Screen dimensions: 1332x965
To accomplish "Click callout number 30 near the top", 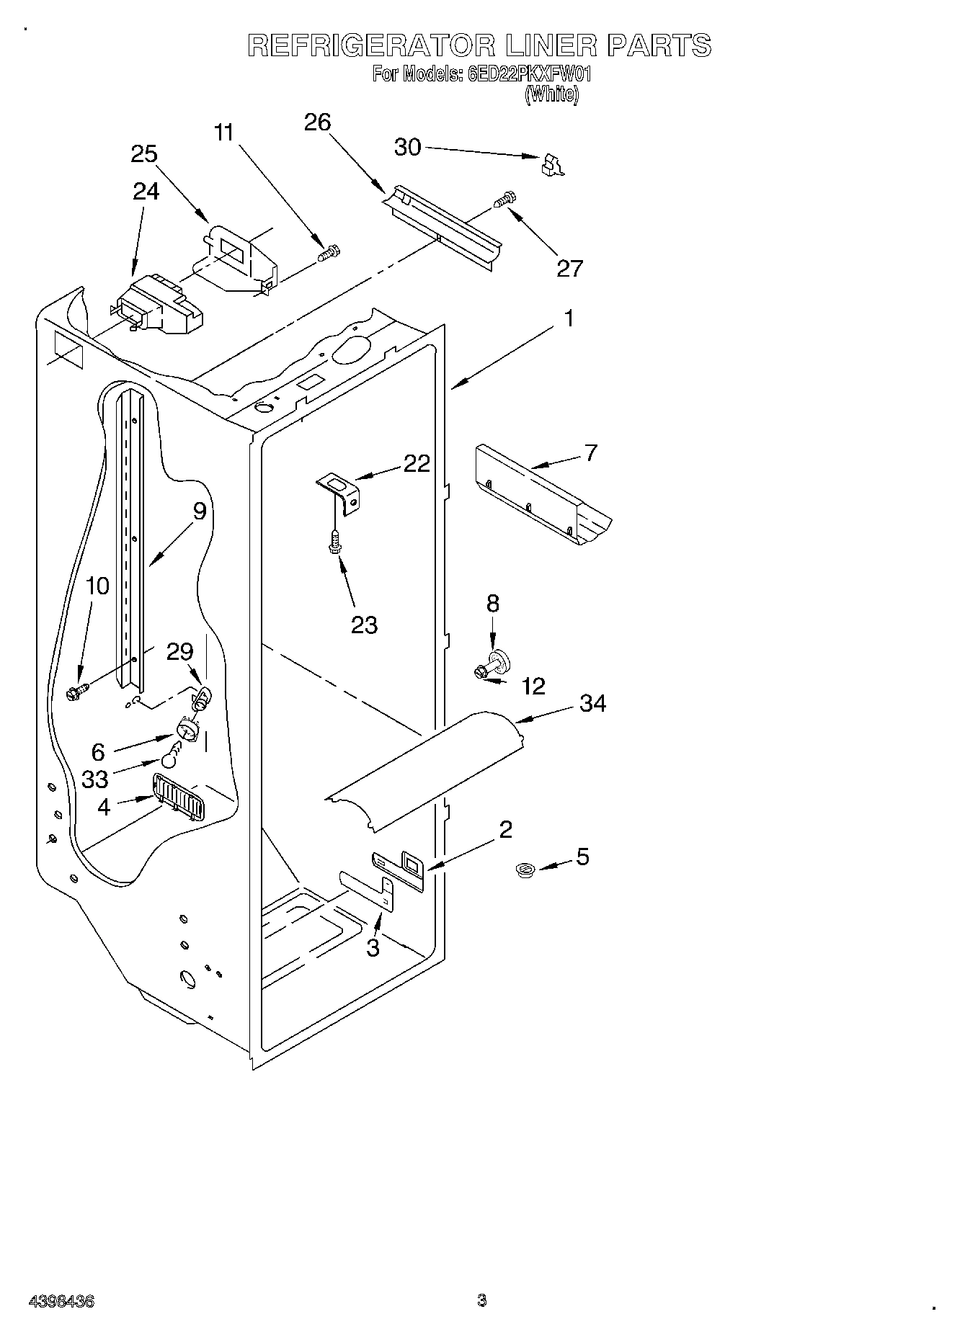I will [x=407, y=147].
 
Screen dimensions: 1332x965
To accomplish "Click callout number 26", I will [x=317, y=122].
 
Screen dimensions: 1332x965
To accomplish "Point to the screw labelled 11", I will [x=329, y=254].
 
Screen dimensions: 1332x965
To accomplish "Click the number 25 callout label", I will [x=144, y=154].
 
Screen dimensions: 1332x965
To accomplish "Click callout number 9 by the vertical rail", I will [x=200, y=511].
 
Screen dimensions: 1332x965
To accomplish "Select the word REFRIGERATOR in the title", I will [x=370, y=45].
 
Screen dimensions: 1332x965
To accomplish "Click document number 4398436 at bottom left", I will [x=61, y=1301].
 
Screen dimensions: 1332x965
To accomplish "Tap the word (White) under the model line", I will [x=551, y=94].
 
